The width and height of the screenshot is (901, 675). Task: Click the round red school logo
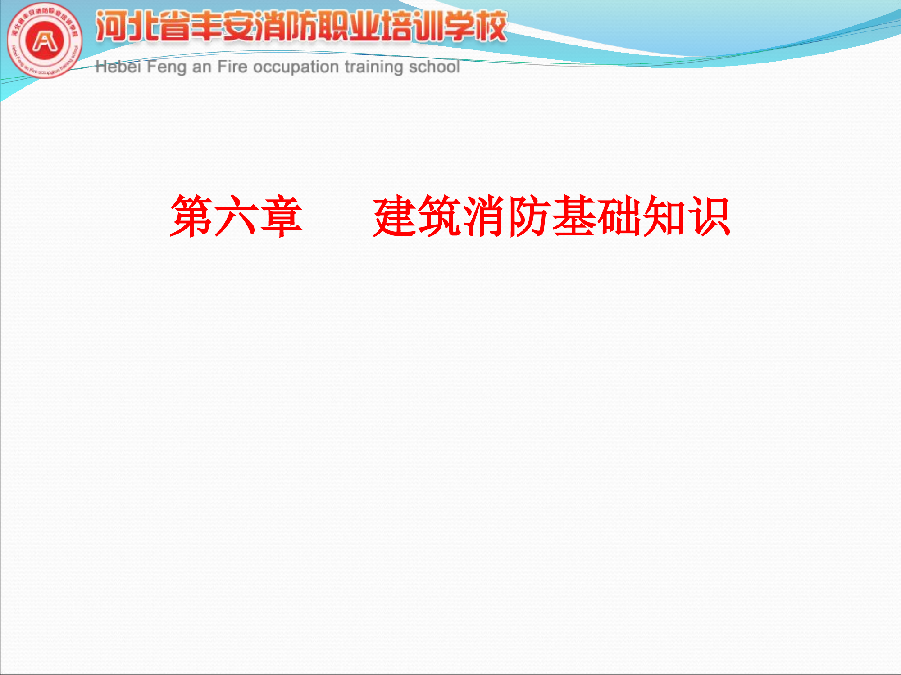45,41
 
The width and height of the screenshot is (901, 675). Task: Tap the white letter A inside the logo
45,41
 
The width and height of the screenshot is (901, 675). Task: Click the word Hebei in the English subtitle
118,67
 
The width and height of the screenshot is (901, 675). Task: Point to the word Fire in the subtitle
232,67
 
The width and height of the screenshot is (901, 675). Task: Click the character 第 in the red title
191,216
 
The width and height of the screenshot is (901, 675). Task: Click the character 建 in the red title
395,216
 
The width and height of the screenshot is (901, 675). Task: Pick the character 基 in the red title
574,216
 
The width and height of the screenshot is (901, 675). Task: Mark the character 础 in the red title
619,216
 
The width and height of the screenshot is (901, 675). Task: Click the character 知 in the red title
664,216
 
